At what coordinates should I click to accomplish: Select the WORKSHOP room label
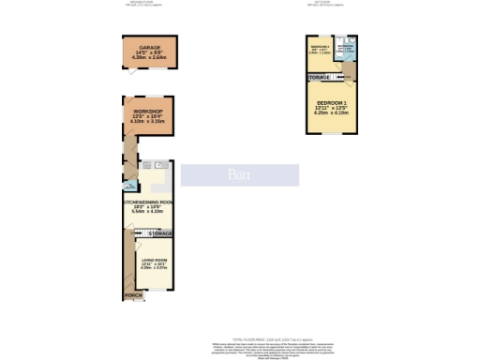[148, 111]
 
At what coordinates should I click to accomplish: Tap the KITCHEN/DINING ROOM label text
[146, 202]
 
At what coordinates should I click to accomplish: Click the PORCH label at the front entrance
[134, 295]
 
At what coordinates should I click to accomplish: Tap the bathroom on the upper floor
[345, 47]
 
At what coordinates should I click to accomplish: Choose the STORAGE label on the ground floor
[160, 232]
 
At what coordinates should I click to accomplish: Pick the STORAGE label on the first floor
[319, 76]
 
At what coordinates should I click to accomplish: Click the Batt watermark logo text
[240, 174]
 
